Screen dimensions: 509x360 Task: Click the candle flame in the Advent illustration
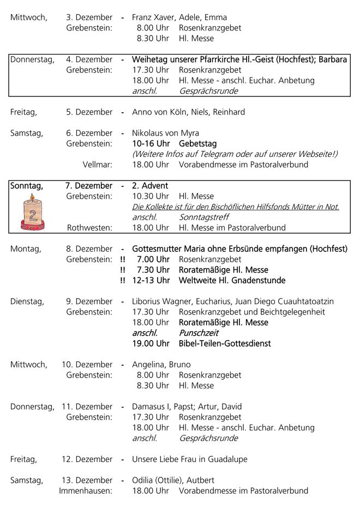(x=32, y=197)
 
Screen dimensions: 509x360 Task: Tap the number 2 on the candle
(x=33, y=214)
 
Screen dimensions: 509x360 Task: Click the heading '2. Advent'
(x=150, y=186)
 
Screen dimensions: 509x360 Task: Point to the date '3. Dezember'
(x=89, y=17)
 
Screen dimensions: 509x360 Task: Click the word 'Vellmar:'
(x=98, y=165)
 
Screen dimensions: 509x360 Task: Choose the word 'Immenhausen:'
(x=86, y=491)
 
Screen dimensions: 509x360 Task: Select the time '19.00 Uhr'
(x=151, y=344)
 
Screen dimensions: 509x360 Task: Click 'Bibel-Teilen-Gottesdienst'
(x=225, y=344)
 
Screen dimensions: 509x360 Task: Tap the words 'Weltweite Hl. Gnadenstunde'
(x=232, y=281)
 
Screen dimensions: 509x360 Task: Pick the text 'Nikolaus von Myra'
(x=165, y=133)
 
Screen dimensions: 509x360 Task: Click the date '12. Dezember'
(x=87, y=459)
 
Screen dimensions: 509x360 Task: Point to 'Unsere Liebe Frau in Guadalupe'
(x=189, y=459)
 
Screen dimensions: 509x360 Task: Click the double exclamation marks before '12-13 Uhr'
(x=122, y=281)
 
